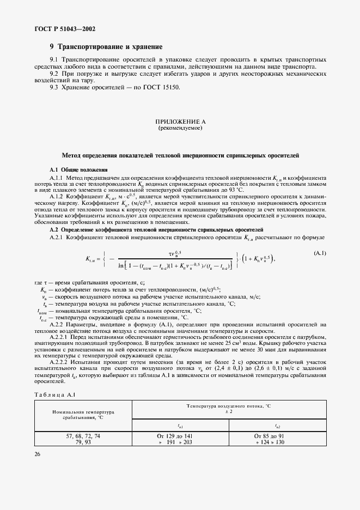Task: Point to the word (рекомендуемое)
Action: point(180,128)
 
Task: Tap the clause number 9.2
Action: point(55,74)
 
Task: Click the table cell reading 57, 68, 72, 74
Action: point(83,437)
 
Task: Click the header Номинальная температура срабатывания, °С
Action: point(83,415)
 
